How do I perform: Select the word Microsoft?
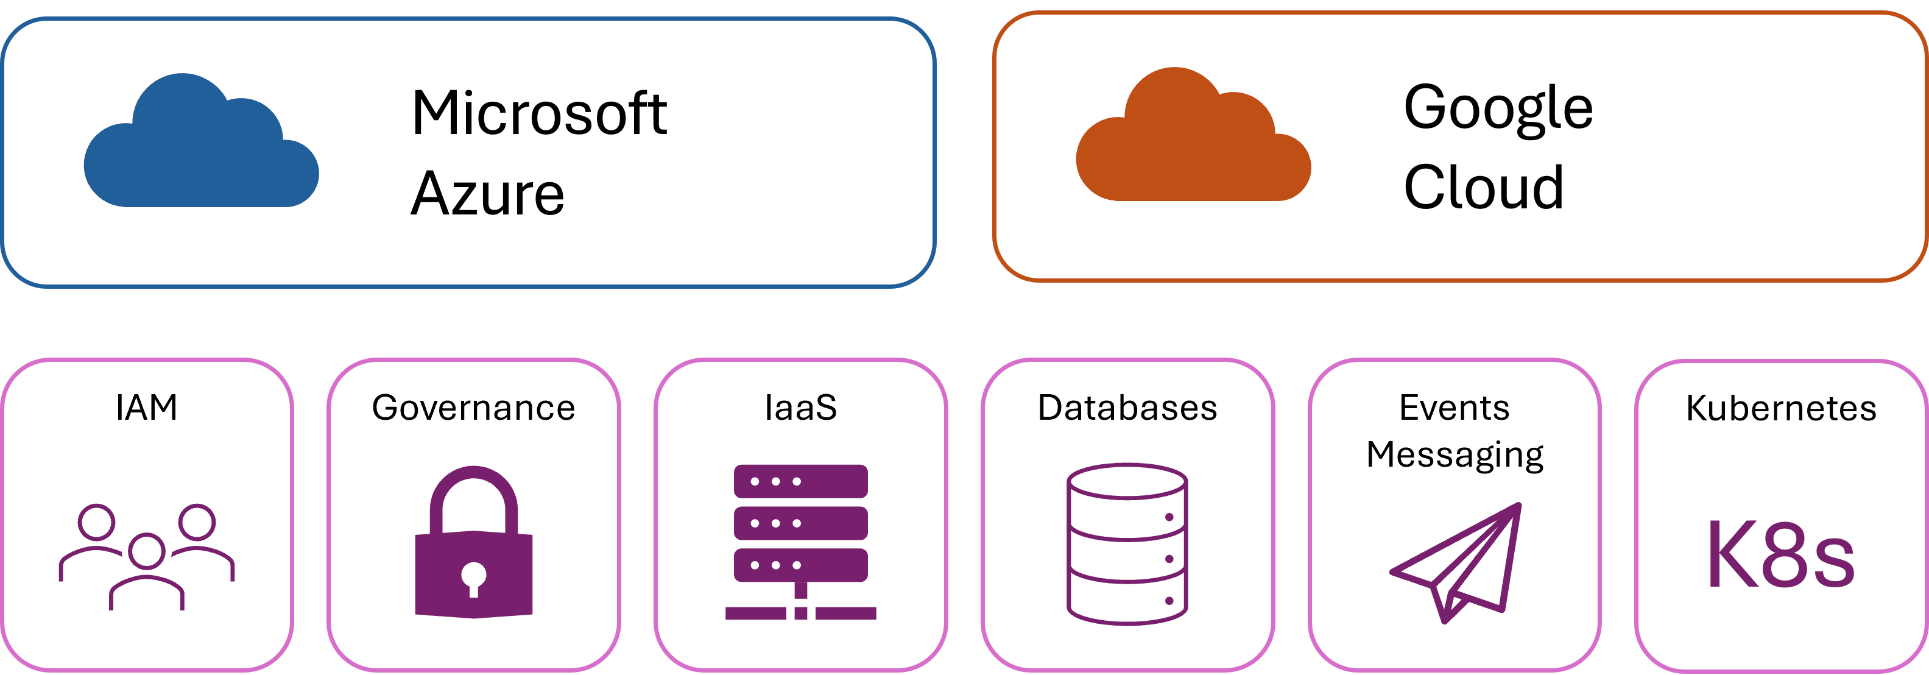tap(539, 114)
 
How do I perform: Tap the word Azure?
tap(487, 194)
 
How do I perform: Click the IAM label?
tap(147, 408)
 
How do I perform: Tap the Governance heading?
tap(473, 408)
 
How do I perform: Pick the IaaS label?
tap(800, 408)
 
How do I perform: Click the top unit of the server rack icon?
tap(800, 481)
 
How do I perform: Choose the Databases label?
tap(1127, 408)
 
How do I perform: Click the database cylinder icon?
tap(1127, 544)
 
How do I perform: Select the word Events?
tap(1455, 408)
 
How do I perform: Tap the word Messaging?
tap(1455, 454)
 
